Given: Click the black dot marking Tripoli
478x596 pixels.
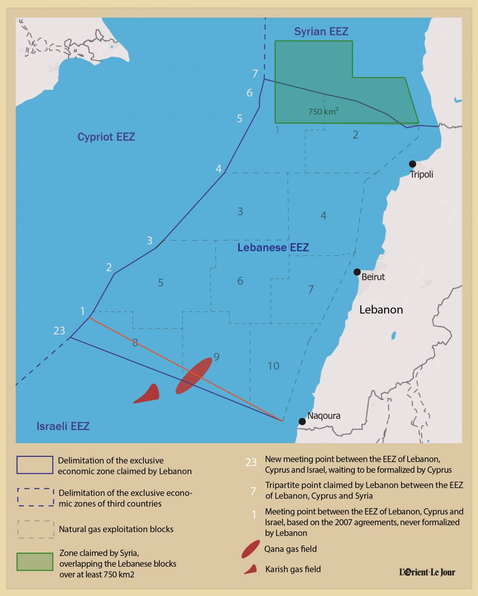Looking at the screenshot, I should tap(412, 164).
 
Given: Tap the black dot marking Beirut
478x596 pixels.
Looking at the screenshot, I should tap(357, 272).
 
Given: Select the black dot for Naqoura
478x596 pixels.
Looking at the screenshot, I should tap(302, 421).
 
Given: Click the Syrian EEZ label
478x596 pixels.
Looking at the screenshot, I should tap(321, 31).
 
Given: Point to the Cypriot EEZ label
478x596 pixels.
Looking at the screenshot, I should tap(106, 137).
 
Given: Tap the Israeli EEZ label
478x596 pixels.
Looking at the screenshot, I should tap(63, 426).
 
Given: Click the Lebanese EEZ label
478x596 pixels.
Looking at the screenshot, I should tap(273, 248).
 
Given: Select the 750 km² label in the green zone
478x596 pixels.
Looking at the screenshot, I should tap(323, 112).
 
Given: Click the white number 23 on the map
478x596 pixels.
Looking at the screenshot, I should tap(59, 331).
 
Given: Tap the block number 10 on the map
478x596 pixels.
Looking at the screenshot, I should tap(274, 366).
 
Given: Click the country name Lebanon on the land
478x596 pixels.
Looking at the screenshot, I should tap(381, 310).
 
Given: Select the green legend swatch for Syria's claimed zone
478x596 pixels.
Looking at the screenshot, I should tap(35, 562).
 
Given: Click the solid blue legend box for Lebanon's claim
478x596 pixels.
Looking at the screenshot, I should tap(35, 465).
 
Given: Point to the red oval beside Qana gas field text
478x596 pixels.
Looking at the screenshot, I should tap(251, 549).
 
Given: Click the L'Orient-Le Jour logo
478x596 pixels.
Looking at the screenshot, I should tap(427, 572).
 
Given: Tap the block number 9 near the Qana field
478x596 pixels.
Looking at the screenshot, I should tap(216, 357).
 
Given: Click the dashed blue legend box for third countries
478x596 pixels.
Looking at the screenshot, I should tap(35, 497).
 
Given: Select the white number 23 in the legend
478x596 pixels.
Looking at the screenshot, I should tap(251, 462).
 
